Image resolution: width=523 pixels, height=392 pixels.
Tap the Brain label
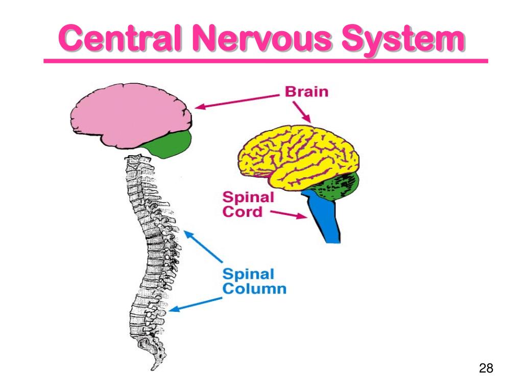pos(306,92)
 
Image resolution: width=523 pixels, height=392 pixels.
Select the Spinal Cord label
pos(248,205)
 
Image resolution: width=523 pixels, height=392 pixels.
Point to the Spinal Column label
pos(254,281)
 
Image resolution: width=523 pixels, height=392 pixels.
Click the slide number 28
pos(486,368)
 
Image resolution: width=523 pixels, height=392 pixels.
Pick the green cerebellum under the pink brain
pos(170,144)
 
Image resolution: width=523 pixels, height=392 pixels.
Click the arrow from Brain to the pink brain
pos(237,101)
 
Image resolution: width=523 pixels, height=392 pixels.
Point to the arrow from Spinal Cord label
pos(289,214)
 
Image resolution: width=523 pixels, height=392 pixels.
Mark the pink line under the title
pos(266,61)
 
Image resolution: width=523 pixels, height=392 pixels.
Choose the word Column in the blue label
pos(254,289)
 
